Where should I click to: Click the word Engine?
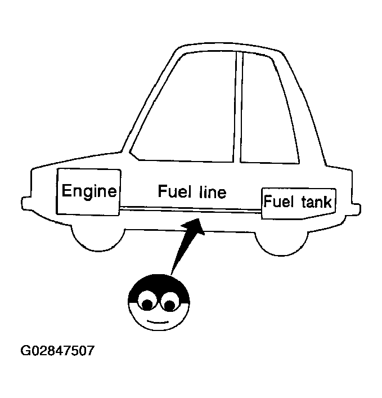(x=89, y=191)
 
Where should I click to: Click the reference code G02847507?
(x=58, y=351)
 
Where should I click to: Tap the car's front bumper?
(x=25, y=202)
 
